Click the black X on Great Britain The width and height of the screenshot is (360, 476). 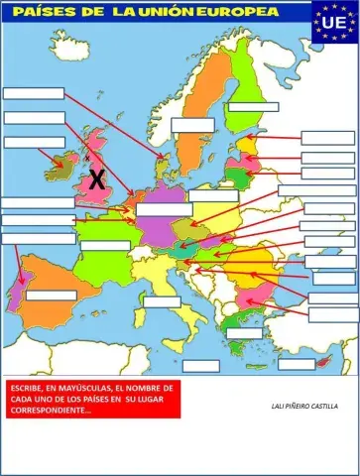click(x=96, y=180)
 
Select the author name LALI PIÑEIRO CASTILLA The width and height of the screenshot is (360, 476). click(x=303, y=406)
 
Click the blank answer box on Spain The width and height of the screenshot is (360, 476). click(x=51, y=296)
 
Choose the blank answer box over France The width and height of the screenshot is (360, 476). click(x=105, y=246)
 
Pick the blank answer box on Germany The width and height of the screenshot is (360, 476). click(x=164, y=209)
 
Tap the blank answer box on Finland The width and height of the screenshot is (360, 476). click(x=253, y=107)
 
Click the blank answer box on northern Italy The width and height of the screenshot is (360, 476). click(x=162, y=301)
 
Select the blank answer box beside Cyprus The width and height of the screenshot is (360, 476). click(x=297, y=364)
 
